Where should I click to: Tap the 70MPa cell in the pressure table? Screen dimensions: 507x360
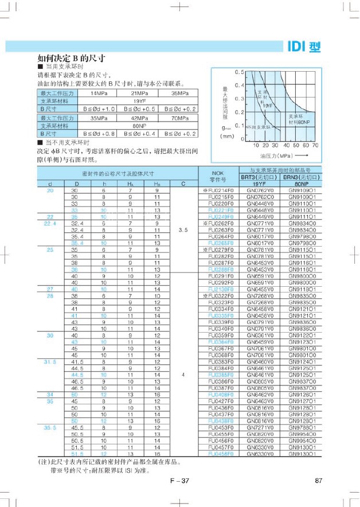click(180, 117)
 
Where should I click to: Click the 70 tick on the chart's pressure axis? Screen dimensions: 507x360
click(315, 146)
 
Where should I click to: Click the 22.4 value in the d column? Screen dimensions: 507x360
click(50, 222)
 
